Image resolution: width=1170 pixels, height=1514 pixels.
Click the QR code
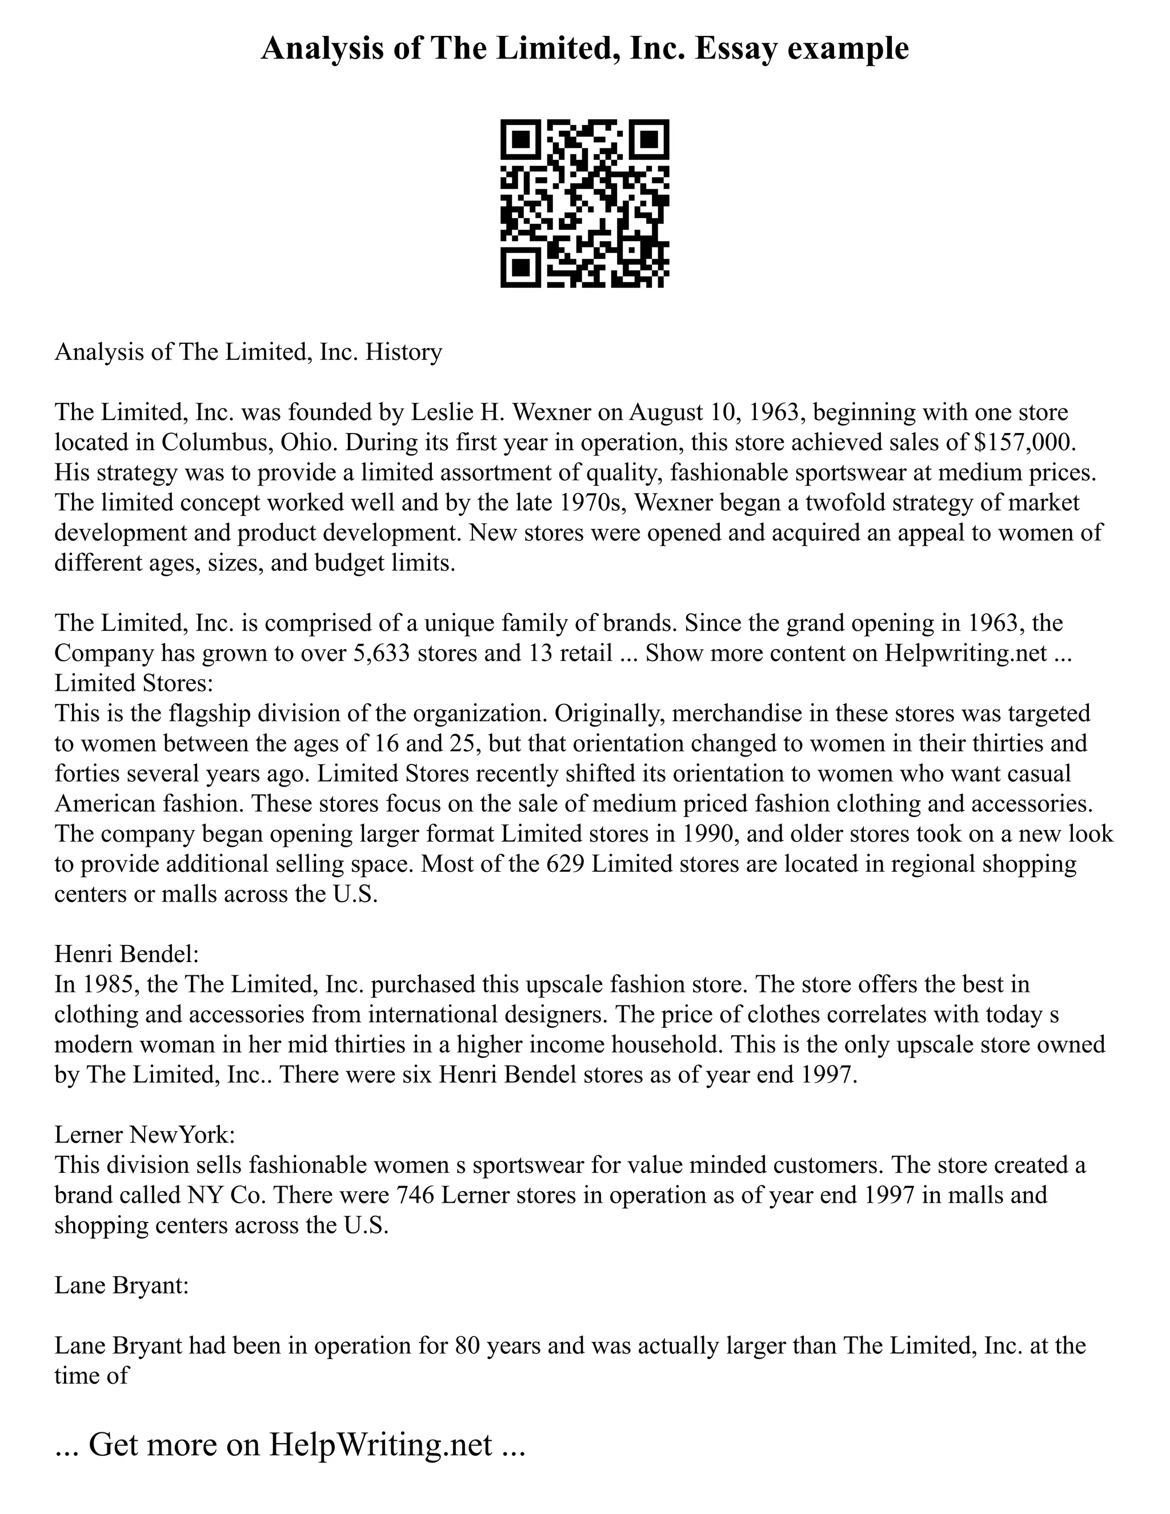(x=584, y=203)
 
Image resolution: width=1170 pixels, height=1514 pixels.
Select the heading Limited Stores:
(x=133, y=683)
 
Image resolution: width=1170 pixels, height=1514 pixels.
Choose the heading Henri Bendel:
(x=126, y=954)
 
